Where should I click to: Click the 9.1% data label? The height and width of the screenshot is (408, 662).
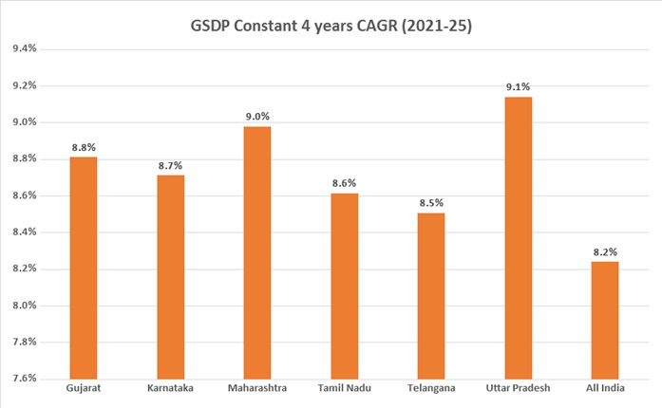518,86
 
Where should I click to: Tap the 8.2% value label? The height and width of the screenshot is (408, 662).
605,251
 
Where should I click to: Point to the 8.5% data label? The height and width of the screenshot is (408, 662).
431,202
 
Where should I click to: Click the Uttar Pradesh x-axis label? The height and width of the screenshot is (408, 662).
518,390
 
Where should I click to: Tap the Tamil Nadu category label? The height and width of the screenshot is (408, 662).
344,390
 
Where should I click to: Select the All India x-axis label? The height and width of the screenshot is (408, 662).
605,390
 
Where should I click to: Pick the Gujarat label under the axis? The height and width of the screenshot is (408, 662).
84,390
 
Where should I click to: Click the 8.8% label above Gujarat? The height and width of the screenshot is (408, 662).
84,147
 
